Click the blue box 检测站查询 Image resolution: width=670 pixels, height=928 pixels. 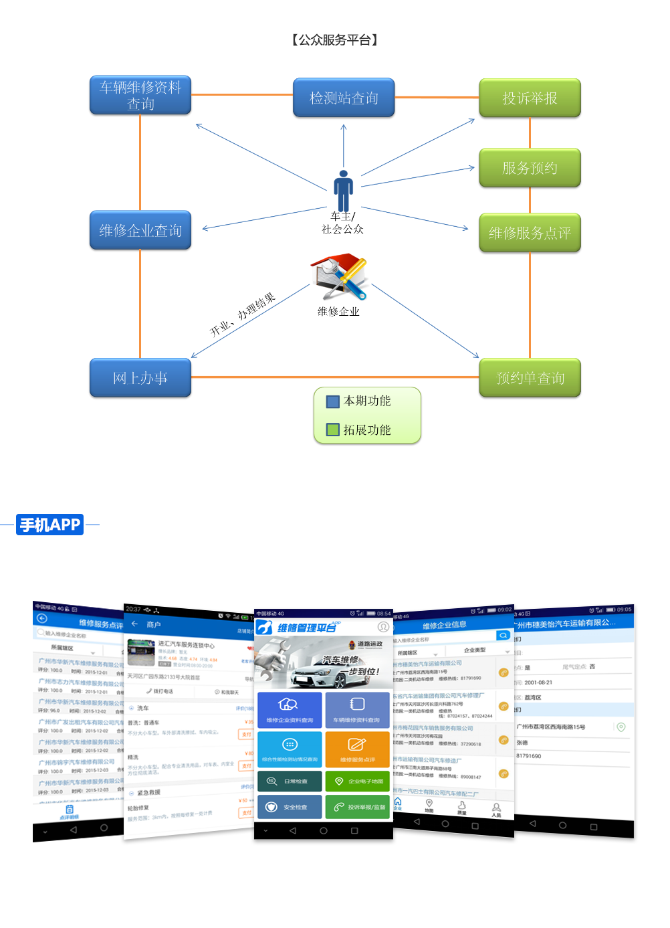point(344,98)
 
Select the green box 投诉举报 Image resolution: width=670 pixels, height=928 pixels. point(530,98)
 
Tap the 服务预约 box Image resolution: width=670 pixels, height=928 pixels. point(530,167)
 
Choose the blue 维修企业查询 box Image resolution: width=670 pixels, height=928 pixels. point(140,230)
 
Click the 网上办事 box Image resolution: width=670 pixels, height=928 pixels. point(140,378)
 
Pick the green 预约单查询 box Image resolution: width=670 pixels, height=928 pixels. point(530,378)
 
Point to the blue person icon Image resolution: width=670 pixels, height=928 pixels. point(344,191)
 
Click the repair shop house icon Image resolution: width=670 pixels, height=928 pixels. point(338,276)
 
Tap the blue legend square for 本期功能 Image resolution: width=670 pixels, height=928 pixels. point(333,401)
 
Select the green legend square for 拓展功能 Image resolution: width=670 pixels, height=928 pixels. point(333,430)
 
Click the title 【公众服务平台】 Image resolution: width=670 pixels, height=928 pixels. point(335,40)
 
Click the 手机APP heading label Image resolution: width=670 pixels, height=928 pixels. point(50,525)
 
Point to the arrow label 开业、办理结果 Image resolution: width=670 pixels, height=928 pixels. point(242,314)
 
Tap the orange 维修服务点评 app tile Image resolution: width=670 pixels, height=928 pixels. point(357,749)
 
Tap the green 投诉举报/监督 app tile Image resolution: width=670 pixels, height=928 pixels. point(357,807)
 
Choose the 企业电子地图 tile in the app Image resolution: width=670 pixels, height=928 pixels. point(357,781)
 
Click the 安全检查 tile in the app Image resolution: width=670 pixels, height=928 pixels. point(290,807)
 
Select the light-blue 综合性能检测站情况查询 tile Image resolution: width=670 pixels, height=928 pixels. point(290,749)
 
